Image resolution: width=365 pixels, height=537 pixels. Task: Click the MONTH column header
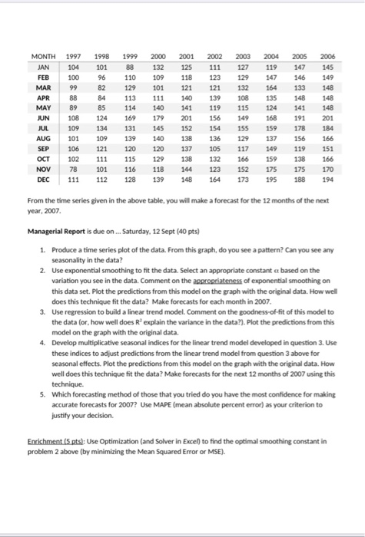(47, 58)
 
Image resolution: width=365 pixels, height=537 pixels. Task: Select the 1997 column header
(75, 58)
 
